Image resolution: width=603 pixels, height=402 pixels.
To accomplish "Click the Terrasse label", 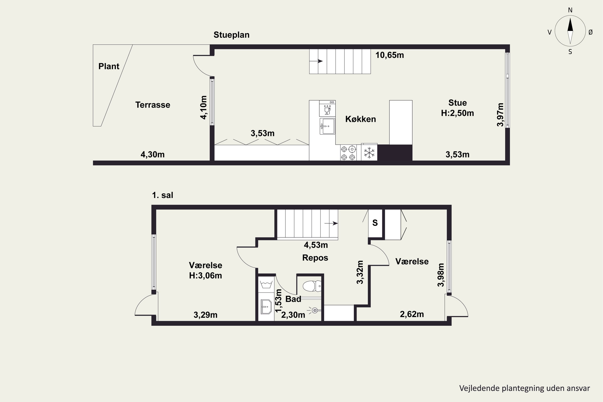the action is (153, 105).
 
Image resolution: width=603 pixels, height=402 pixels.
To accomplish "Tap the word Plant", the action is (109, 66).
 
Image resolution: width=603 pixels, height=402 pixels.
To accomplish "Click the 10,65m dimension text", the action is (390, 55).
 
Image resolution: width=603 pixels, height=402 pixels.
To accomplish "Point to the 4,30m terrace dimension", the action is (153, 155).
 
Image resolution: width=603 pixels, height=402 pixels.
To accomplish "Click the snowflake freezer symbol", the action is (369, 153).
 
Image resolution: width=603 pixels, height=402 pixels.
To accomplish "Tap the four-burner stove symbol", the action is (348, 153).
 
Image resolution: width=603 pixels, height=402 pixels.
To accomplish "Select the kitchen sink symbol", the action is (327, 126).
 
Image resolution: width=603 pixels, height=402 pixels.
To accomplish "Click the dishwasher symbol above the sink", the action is (327, 109).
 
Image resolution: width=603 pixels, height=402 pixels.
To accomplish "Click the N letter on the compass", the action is (570, 10).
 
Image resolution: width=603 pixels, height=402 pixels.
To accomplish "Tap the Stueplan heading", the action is (232, 35).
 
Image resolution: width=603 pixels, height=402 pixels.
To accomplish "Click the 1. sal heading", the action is (163, 195).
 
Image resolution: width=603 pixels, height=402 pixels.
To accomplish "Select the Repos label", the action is (315, 258).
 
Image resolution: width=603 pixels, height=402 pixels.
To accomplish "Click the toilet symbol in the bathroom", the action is (312, 286).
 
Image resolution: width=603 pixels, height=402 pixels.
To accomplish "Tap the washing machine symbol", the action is (266, 284).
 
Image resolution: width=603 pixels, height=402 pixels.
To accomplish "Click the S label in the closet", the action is (375, 223).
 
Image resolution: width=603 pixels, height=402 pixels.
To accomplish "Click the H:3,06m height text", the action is (205, 276).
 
